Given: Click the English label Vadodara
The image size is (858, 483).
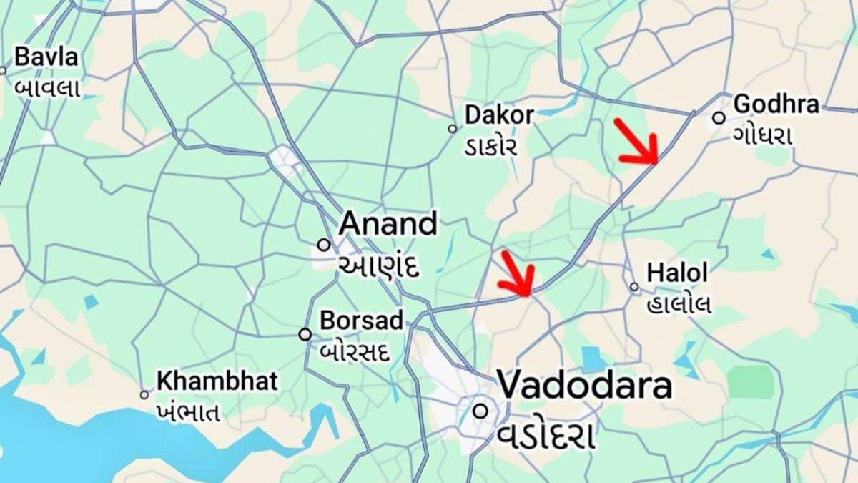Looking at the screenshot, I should click(584, 386).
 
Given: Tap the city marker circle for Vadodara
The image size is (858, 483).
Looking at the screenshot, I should click(480, 411).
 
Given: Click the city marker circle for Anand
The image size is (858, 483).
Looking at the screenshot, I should click(324, 245).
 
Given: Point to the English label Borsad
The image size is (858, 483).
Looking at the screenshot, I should click(361, 320).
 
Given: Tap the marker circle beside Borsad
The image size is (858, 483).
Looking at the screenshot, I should click(305, 334).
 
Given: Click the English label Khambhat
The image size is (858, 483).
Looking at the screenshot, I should click(217, 381).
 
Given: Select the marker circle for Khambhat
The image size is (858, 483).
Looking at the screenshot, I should click(144, 394).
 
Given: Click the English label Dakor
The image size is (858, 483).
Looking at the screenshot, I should click(498, 114).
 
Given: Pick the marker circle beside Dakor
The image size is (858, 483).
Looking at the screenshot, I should click(452, 129).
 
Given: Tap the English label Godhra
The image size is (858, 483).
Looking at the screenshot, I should click(776, 104).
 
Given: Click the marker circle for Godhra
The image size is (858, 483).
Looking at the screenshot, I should click(719, 118).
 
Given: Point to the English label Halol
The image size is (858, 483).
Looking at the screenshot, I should click(676, 273).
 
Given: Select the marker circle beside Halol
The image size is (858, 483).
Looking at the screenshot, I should click(634, 287).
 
